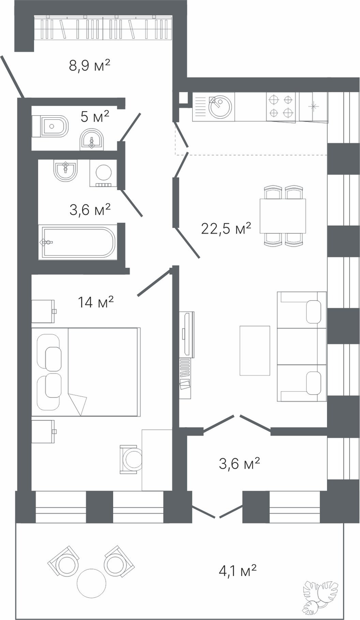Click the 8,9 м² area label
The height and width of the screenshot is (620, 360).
click(x=89, y=66)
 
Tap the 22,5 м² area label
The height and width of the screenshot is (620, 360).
click(x=226, y=228)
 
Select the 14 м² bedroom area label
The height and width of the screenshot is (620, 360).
click(x=96, y=302)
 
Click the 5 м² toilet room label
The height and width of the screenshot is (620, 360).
click(x=95, y=117)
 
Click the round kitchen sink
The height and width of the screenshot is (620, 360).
click(x=220, y=107)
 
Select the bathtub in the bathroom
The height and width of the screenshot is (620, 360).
click(x=78, y=242)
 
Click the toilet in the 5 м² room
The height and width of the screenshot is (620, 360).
click(x=50, y=127)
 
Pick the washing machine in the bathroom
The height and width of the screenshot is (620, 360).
click(x=103, y=173)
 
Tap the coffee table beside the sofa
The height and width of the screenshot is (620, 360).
click(x=255, y=350)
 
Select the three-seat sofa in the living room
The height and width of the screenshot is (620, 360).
click(x=302, y=347)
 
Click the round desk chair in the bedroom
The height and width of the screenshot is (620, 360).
click(x=132, y=459)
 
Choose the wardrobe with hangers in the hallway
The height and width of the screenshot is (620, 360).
click(x=103, y=27)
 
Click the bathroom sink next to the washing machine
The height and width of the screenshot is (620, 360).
click(x=65, y=171)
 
